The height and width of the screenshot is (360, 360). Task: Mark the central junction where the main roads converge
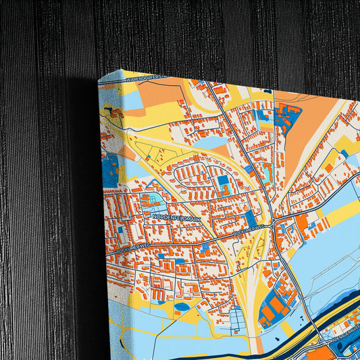coord(272,221)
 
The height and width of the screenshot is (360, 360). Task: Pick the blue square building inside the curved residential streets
coord(224,181)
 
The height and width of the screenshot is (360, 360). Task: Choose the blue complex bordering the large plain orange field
coord(288,118)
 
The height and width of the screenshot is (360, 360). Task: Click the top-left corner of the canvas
coord(99,79)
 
